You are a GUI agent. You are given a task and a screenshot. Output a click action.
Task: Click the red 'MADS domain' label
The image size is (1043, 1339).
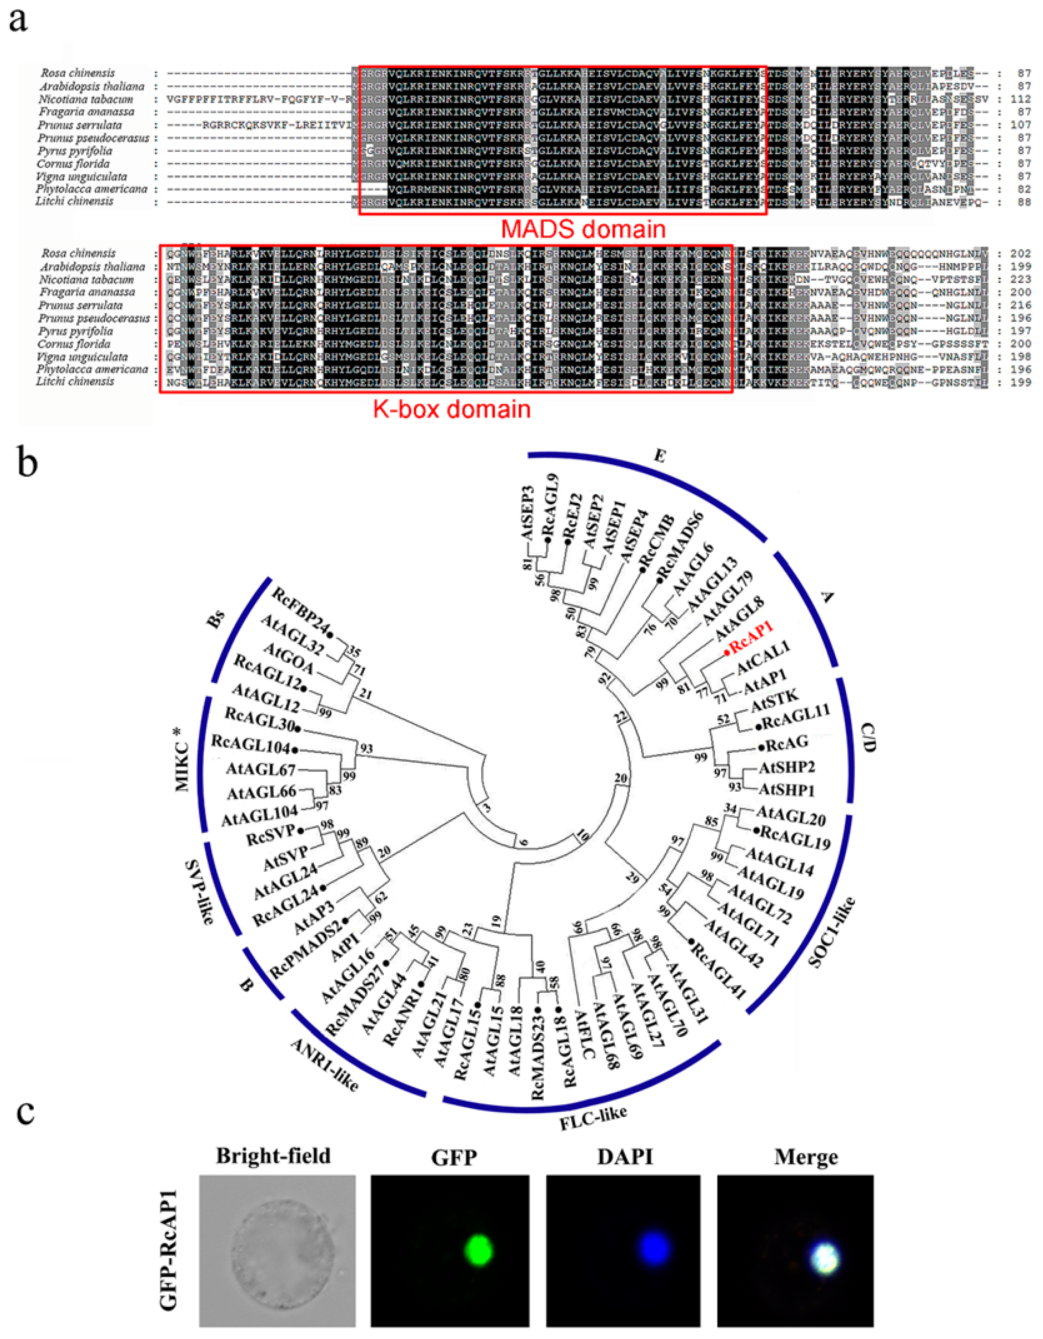583,229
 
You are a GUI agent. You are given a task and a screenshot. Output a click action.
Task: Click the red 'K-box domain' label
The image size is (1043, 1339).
452,409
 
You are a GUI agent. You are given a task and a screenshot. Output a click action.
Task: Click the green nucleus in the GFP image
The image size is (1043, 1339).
478,1249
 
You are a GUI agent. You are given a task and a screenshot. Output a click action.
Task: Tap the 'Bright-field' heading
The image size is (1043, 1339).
274,1156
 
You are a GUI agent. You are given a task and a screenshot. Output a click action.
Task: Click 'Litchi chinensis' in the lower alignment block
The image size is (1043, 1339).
75,382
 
